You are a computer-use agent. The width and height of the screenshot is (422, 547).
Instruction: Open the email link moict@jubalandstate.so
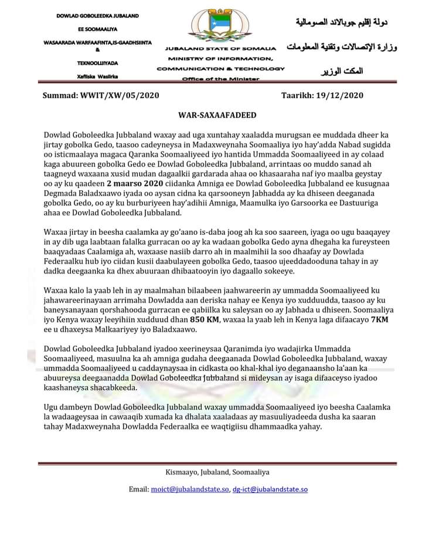(x=191, y=489)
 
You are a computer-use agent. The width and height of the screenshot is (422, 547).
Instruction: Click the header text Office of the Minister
(x=220, y=79)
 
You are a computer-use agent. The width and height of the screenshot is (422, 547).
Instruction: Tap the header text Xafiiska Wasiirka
(x=98, y=76)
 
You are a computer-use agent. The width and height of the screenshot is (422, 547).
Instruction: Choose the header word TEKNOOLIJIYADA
(x=98, y=62)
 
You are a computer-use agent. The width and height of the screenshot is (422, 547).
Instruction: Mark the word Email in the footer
(x=139, y=489)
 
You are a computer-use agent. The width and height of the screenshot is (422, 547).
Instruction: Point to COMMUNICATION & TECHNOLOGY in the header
(x=220, y=69)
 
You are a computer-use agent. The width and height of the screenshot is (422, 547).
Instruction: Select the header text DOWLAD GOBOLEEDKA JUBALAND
(x=98, y=15)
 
